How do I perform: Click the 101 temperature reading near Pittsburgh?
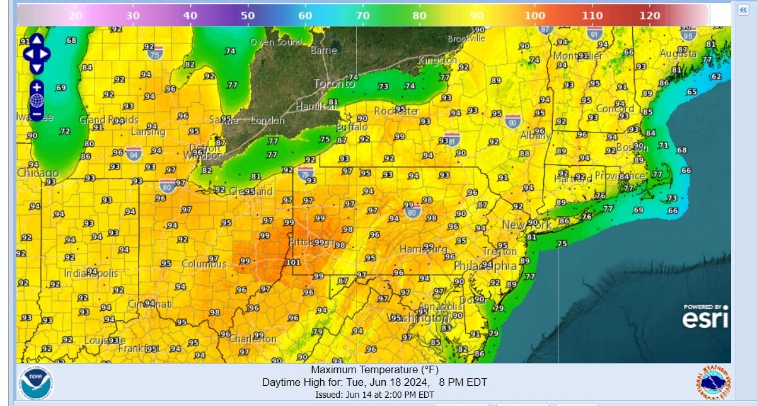click(293, 262)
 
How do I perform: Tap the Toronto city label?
click(335, 84)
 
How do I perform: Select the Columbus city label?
click(204, 264)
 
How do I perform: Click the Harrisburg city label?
click(423, 250)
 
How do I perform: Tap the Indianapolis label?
click(91, 274)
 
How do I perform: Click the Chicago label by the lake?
click(38, 173)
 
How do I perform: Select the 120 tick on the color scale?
click(650, 15)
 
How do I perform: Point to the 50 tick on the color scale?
click(248, 15)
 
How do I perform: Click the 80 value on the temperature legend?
click(420, 15)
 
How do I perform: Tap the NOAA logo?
click(36, 383)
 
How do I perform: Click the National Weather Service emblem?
click(712, 383)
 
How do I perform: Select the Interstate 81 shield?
click(451, 139)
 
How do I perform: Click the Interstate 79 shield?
click(306, 171)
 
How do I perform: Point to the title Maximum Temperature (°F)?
click(374, 369)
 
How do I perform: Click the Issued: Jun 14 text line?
click(374, 395)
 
